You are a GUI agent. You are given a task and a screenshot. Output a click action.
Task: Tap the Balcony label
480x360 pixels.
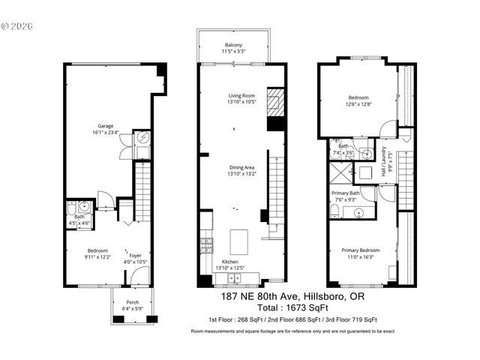click(233, 46)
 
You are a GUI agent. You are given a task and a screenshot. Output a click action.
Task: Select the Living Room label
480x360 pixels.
click(242, 96)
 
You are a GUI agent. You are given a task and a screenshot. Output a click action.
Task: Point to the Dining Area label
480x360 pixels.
click(242, 168)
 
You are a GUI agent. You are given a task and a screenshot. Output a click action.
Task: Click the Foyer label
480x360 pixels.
click(136, 256)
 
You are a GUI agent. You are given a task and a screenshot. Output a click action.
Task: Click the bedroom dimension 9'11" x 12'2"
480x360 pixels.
click(97, 256)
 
